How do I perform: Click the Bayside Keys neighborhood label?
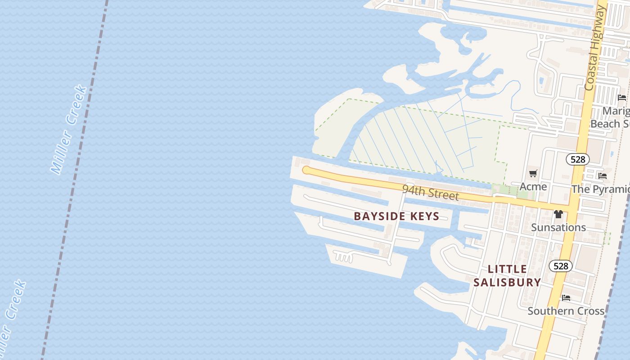tap(396, 216)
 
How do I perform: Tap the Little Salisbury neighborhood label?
tap(507, 276)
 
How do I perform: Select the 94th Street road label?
tap(431, 192)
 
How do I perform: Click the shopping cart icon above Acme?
tap(533, 174)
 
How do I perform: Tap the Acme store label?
tap(533, 186)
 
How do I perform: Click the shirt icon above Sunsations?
tap(558, 214)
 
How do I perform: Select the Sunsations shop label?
tap(558, 227)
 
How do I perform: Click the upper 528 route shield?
tap(578, 159)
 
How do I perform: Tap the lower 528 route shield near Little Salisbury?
tap(561, 266)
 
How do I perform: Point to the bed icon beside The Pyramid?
tap(603, 176)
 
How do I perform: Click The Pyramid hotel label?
tap(601, 189)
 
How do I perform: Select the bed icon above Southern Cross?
tap(566, 298)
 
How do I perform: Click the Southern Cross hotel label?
tap(566, 311)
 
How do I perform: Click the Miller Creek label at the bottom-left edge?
tap(12, 315)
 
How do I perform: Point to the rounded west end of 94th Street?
tap(306, 170)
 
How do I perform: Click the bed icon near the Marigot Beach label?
tap(622, 97)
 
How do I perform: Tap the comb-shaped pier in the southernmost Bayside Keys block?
tap(345, 257)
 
